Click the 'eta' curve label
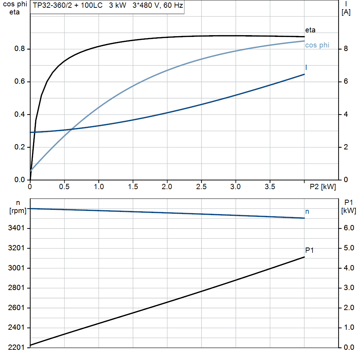pos(310,30)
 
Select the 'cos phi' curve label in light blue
pos(317,45)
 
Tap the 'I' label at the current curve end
pos(306,67)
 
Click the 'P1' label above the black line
pos(309,250)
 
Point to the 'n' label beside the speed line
pos(307,212)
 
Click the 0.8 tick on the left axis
pos(19,49)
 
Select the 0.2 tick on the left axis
pos(19,147)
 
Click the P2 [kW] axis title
pos(323,187)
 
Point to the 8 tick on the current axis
pos(346,49)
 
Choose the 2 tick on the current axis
pos(346,147)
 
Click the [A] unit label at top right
pos(346,12)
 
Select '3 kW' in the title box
pos(117,6)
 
